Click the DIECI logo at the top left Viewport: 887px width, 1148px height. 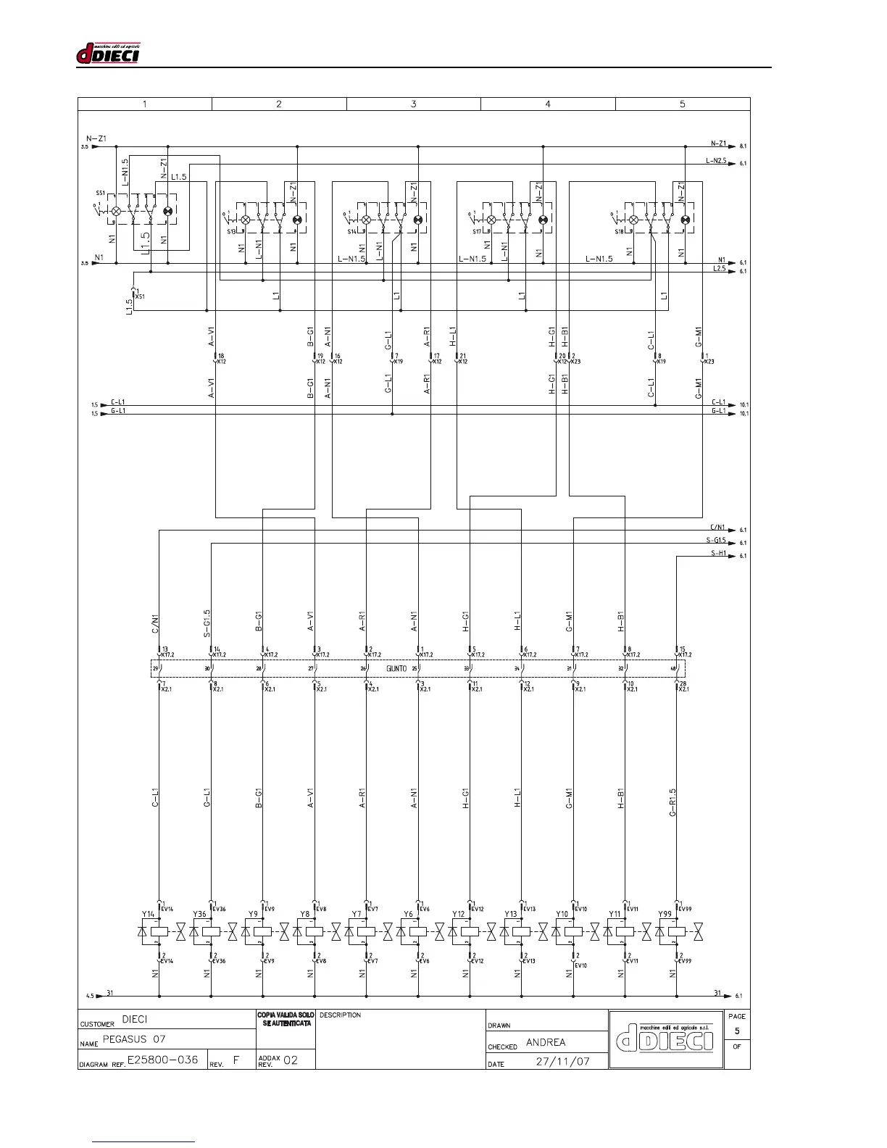click(108, 54)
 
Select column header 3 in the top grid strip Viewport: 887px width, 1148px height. click(414, 104)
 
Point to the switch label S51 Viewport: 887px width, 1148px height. click(100, 194)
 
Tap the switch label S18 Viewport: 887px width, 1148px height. click(620, 231)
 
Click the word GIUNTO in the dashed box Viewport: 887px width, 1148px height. click(396, 668)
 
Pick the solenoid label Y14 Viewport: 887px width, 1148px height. click(148, 915)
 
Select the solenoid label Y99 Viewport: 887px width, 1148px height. click(665, 915)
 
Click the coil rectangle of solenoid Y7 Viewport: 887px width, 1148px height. click(367, 931)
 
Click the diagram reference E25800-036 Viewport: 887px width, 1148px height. click(162, 1060)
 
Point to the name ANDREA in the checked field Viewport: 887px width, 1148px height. click(546, 1042)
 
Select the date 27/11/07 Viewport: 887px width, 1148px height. click(563, 1062)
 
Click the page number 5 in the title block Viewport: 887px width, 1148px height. click(737, 1031)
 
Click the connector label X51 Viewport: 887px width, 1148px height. click(141, 296)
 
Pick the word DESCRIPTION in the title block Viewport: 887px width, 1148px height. click(340, 1015)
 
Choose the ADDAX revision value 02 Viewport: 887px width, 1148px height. click(291, 1060)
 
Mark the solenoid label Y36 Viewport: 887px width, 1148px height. click(199, 915)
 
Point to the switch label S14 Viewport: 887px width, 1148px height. click(351, 231)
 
